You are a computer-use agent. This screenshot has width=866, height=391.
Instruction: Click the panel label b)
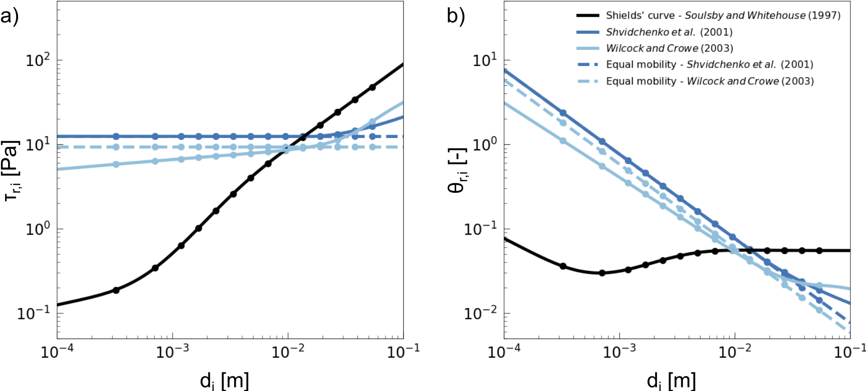pos(456,17)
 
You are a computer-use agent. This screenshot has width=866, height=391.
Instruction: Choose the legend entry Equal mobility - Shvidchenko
pos(709,65)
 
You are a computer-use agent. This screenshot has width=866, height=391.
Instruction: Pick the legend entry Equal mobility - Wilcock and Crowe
pos(710,81)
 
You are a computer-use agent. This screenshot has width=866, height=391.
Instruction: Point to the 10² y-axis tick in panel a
pos(38,61)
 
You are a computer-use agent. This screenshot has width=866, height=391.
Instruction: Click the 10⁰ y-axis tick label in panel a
pos(38,230)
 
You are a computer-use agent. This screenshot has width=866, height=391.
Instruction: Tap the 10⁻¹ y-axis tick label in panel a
pos(34,314)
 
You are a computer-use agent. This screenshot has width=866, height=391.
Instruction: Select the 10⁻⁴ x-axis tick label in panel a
pos(57,352)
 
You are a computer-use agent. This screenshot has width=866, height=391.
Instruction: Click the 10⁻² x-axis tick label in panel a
pos(288,352)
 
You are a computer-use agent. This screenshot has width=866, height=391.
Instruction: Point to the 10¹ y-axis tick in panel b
pos(485,61)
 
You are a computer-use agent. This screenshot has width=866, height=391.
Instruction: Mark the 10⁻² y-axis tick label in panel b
pos(481,314)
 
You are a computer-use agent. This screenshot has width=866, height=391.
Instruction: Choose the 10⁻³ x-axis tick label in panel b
pos(619,352)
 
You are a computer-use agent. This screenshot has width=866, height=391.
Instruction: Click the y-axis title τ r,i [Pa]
pos(12,170)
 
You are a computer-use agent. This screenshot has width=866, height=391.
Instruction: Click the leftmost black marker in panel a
pos(116,290)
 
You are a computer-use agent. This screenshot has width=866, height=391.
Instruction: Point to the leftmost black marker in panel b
pos(563,266)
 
